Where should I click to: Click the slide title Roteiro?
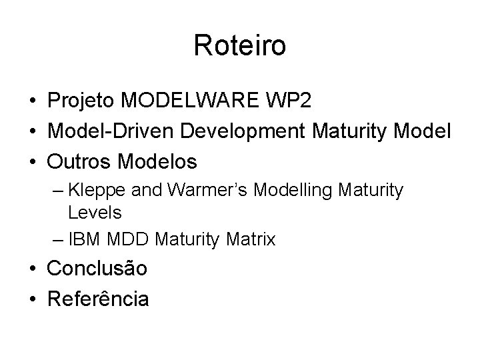(x=240, y=46)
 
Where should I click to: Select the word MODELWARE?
(x=191, y=101)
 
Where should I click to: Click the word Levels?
(x=94, y=213)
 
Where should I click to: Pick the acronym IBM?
(x=83, y=239)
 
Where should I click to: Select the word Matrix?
(x=250, y=239)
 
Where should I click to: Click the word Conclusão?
(x=97, y=269)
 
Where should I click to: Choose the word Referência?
(x=98, y=299)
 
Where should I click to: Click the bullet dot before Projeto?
(x=33, y=101)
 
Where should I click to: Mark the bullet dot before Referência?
(x=33, y=299)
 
